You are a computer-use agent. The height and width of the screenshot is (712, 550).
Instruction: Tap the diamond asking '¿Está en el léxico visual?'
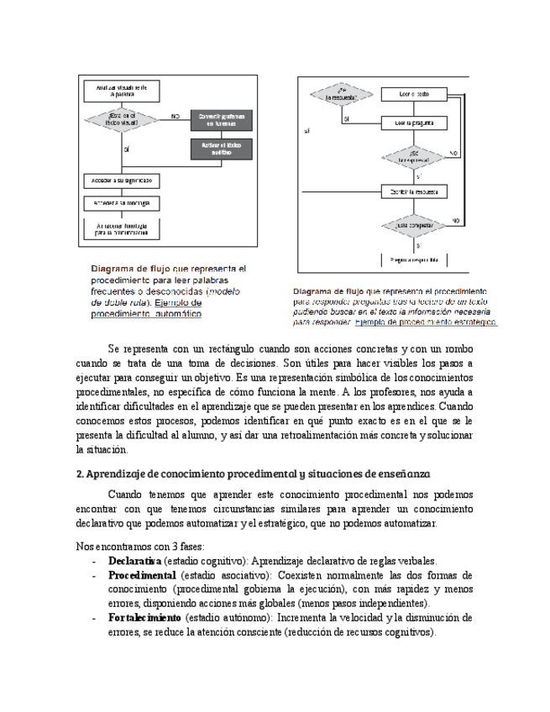(121, 119)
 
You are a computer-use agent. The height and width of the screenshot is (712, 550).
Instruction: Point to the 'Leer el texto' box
(414, 95)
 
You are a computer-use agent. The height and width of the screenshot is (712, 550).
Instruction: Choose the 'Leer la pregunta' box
(414, 123)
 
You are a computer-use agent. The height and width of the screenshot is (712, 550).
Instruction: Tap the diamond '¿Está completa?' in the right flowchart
(414, 226)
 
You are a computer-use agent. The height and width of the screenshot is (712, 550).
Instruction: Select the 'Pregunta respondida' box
(414, 259)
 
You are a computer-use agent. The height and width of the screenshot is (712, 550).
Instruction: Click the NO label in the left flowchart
(175, 115)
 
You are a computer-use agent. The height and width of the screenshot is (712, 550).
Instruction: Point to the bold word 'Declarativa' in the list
(134, 561)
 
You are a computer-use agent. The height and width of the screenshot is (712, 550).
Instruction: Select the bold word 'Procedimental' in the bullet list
(143, 575)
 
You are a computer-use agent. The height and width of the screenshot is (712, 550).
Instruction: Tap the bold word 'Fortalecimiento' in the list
(144, 617)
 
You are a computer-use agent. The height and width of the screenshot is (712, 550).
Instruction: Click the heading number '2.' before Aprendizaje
(80, 474)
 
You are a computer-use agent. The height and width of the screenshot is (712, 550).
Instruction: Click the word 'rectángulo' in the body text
(236, 348)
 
